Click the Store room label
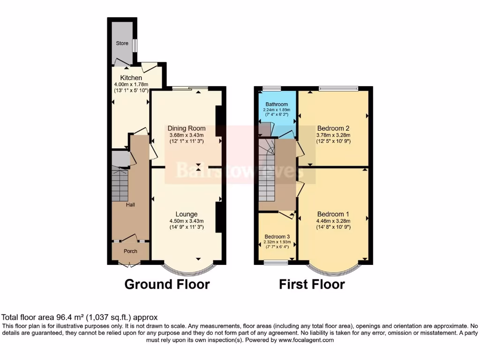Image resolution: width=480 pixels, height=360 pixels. tap(122, 43)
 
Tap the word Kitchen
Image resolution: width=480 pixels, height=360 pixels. tap(131, 78)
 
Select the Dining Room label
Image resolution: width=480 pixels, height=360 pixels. tap(187, 128)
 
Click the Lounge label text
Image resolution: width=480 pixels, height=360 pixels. tap(187, 214)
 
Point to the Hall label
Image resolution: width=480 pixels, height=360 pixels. tap(131, 205)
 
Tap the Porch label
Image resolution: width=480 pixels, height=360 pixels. tap(130, 251)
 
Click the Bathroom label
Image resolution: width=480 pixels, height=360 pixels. tap(276, 104)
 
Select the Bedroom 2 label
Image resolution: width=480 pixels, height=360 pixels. tap(333, 128)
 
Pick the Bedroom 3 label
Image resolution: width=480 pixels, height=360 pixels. tap(277, 236)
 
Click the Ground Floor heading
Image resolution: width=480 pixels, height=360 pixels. tap(166, 284)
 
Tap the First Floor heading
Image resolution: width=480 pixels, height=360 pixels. tap(312, 284)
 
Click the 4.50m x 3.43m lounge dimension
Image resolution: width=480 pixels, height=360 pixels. tap(187, 221)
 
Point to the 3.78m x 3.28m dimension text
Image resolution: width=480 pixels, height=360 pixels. tap(333, 135)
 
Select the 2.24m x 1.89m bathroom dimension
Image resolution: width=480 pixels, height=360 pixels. tap(276, 110)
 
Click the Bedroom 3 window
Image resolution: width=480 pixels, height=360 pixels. tap(276, 263)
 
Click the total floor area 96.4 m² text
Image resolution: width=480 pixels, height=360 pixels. tap(80, 317)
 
